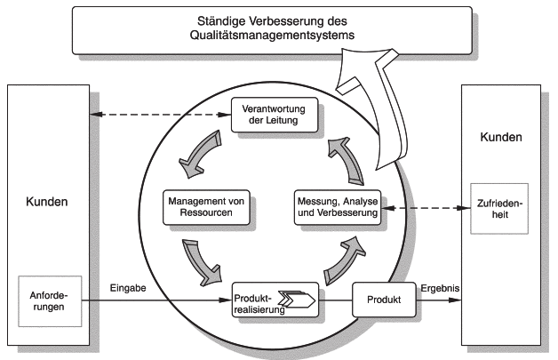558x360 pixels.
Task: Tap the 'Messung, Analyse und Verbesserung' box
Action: point(337,206)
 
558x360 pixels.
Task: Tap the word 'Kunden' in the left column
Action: point(44,202)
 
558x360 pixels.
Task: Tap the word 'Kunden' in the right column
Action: point(502,138)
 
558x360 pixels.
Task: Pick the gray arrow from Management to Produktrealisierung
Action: point(202,261)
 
